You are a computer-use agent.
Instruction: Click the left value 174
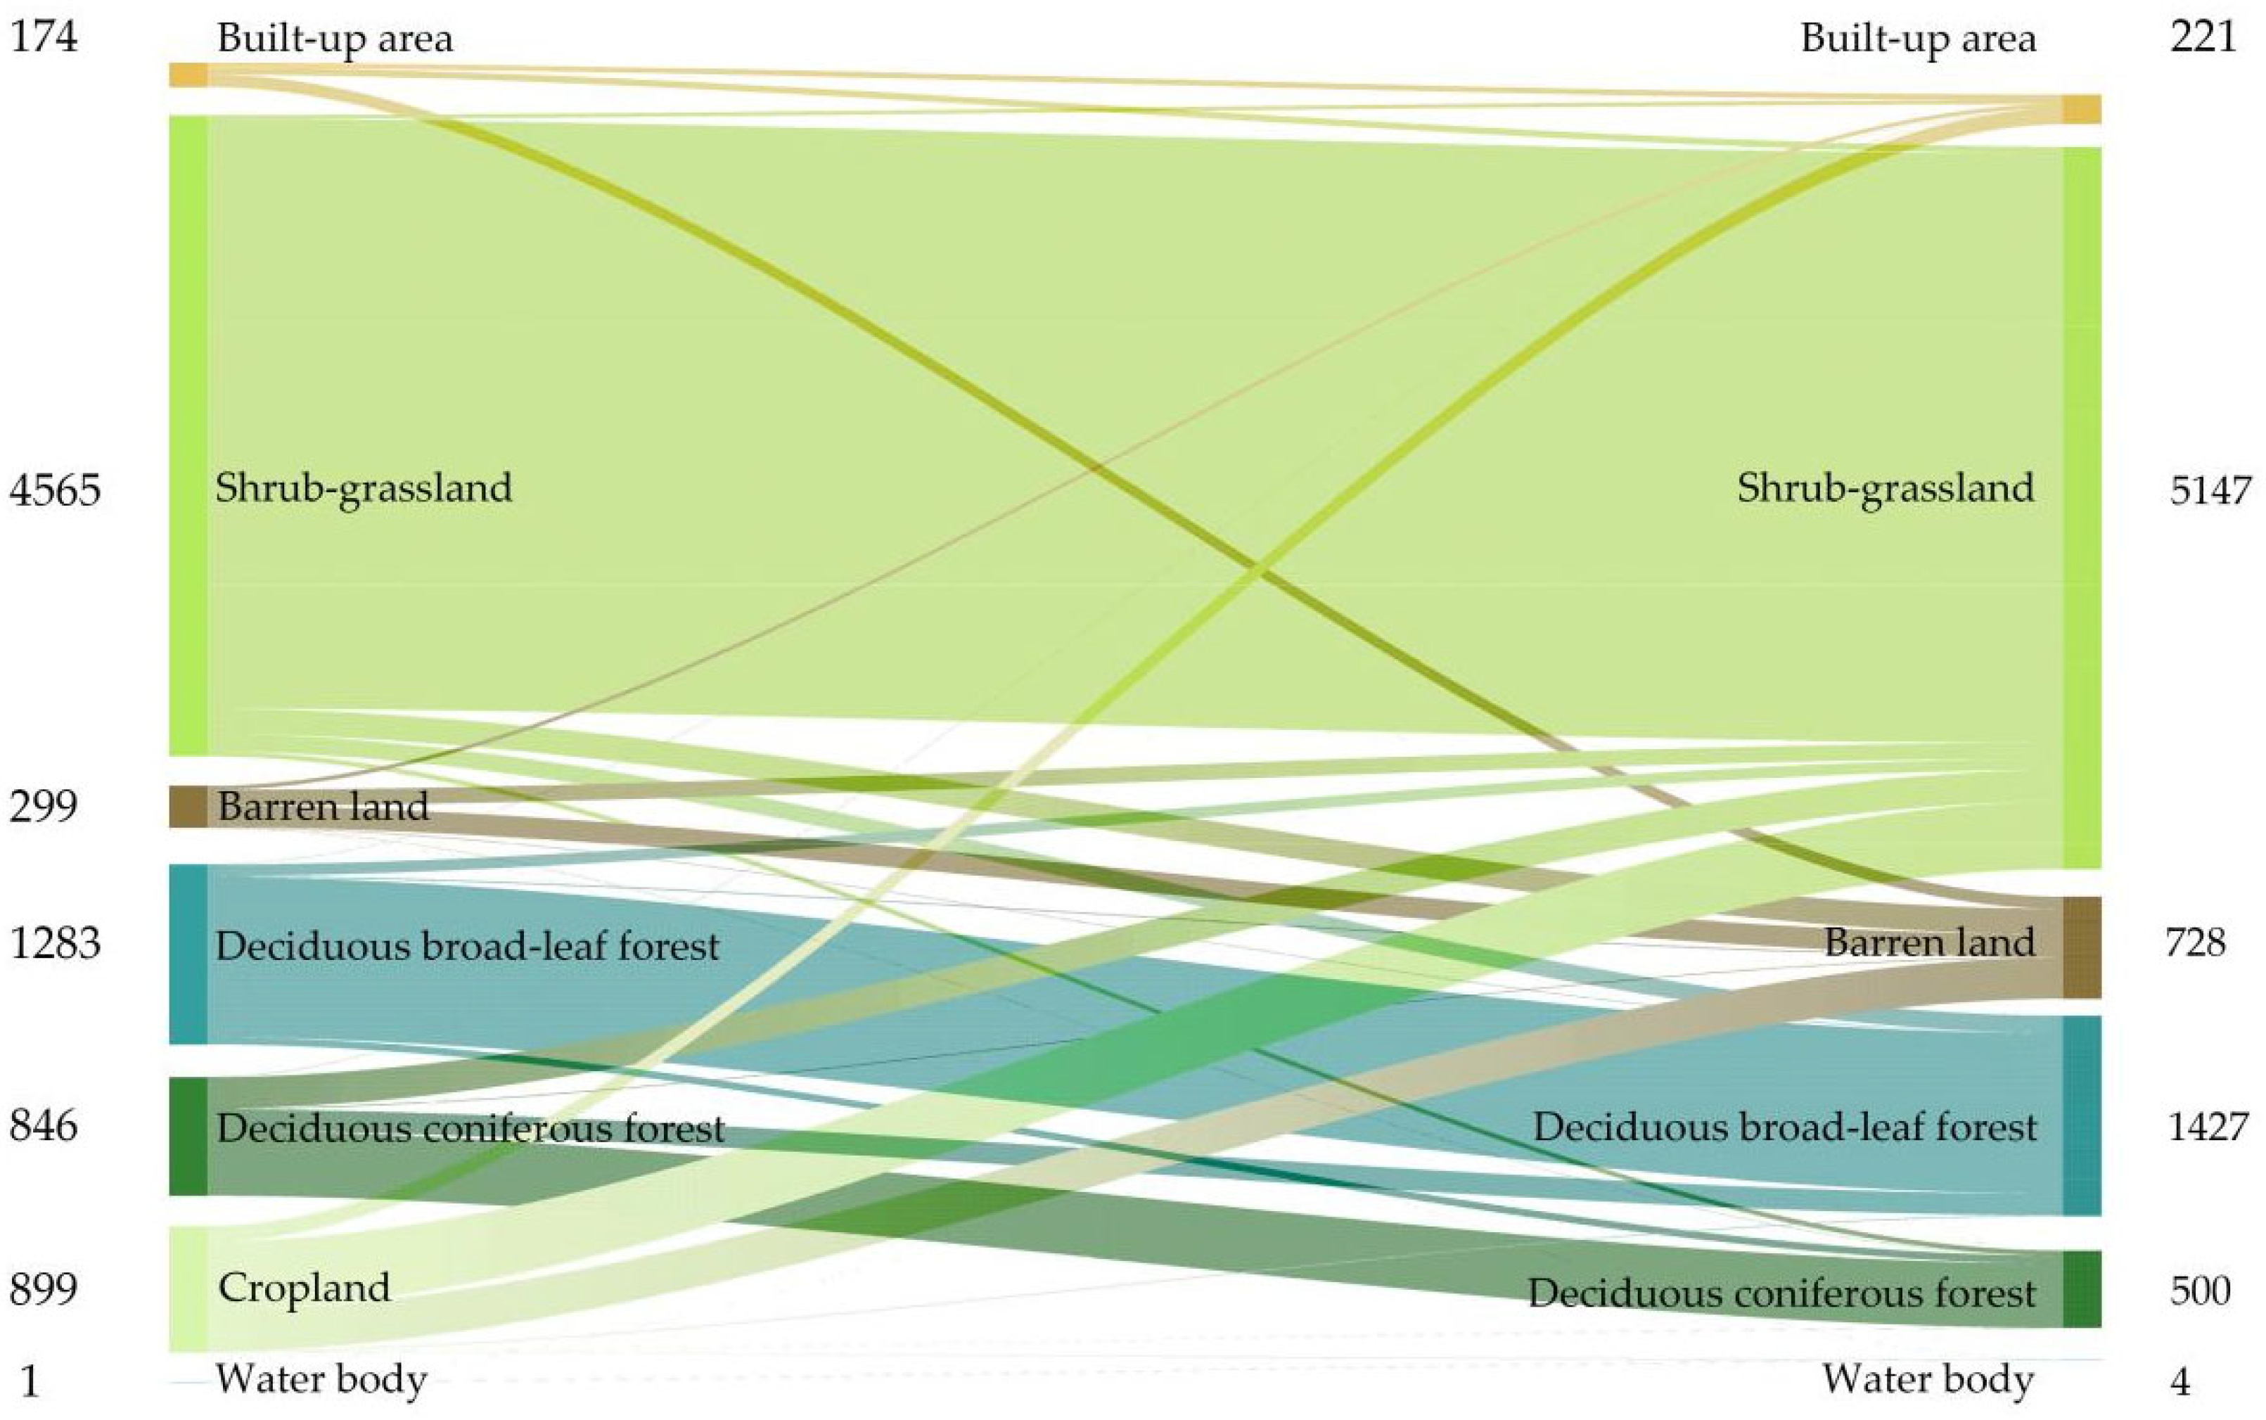[43, 37]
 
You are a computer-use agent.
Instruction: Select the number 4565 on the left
[54, 490]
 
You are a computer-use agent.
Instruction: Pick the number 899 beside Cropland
[43, 1288]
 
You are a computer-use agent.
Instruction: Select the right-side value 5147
[2210, 490]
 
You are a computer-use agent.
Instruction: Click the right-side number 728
[2196, 942]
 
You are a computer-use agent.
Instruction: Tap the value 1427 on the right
[2208, 1126]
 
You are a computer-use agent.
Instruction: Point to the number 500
[2199, 1291]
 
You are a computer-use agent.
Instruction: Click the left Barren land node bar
[188, 806]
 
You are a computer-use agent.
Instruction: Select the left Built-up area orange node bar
[188, 74]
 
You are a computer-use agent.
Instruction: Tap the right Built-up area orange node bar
[2081, 109]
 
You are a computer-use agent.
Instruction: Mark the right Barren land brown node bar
[2081, 947]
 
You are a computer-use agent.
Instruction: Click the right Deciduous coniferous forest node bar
[2081, 1288]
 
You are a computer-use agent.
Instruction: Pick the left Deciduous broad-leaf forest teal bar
[188, 953]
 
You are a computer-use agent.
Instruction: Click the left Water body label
[321, 1379]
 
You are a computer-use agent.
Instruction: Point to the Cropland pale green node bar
[188, 1288]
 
